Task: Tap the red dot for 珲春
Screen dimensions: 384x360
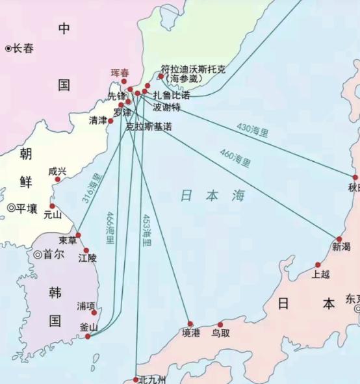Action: [x=124, y=81]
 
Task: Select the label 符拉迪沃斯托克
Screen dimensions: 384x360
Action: [x=194, y=69]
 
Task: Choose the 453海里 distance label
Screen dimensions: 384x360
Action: [x=147, y=229]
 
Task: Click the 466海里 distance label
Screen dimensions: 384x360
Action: [x=110, y=229]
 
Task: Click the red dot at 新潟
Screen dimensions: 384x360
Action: [x=339, y=239]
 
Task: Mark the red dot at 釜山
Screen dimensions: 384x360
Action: [x=88, y=337]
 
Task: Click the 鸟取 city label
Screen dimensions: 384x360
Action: [x=222, y=333]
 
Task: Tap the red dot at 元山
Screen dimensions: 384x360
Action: [x=52, y=206]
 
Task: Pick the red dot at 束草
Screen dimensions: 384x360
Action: [x=78, y=235]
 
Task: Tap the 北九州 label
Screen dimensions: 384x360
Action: [x=152, y=379]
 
